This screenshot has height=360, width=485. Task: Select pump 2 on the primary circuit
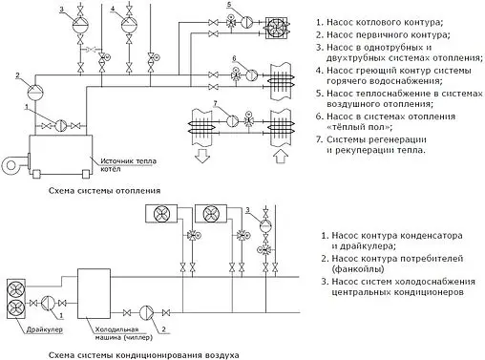tap(33, 89)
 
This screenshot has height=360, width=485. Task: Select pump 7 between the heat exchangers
tap(229, 119)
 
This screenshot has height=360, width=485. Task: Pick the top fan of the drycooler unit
tap(17, 289)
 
